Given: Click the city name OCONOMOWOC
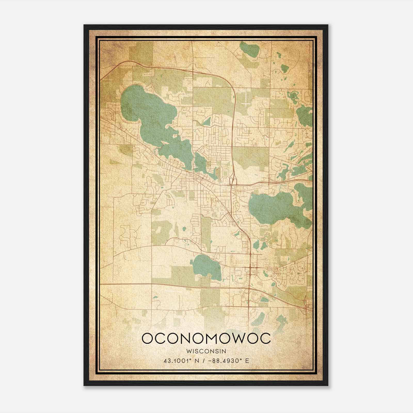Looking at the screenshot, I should pyautogui.click(x=206, y=338).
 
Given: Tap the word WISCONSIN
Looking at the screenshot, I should pyautogui.click(x=206, y=351).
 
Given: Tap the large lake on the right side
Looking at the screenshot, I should pyautogui.click(x=274, y=206).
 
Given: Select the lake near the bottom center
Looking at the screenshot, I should pyautogui.click(x=208, y=266).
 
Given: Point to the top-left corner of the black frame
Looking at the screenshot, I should pyautogui.click(x=84, y=25).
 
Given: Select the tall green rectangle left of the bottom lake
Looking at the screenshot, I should pyautogui.click(x=206, y=234).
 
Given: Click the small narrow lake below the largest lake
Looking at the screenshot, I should pyautogui.click(x=200, y=161).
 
